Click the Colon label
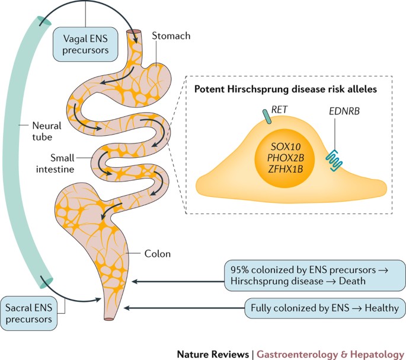coord(157,254)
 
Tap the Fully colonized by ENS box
coord(325,308)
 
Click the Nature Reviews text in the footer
coord(213,355)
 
